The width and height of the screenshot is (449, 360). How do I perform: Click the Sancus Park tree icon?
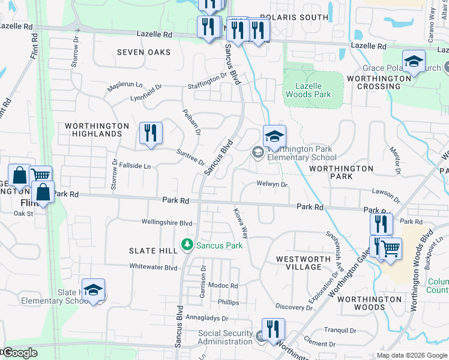tap(188, 245)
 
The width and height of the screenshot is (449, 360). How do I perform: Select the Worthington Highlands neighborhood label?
tap(98, 130)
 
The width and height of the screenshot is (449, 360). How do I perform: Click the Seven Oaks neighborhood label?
tap(143, 53)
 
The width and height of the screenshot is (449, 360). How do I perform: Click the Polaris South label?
tap(295, 17)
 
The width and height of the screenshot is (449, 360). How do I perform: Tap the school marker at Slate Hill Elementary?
tap(93, 290)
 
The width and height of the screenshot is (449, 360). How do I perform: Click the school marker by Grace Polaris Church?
tap(414, 62)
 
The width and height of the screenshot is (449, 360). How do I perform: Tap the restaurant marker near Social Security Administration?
tap(273, 329)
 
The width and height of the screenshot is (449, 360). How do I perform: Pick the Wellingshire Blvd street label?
tap(166, 222)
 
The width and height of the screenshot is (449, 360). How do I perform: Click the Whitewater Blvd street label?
tap(154, 267)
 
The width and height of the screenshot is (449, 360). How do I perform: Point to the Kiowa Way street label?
tap(241, 223)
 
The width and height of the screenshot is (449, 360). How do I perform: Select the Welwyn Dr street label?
tap(272, 184)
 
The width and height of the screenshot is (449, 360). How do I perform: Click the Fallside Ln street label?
tap(134, 166)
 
